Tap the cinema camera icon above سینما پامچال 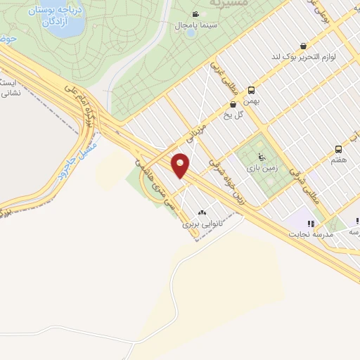point(194,14)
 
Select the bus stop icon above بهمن point(251,90)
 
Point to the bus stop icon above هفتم point(338,149)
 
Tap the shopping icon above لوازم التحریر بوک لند point(303,46)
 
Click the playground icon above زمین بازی point(261,157)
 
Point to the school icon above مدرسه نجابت point(310,224)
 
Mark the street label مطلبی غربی point(225,76)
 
